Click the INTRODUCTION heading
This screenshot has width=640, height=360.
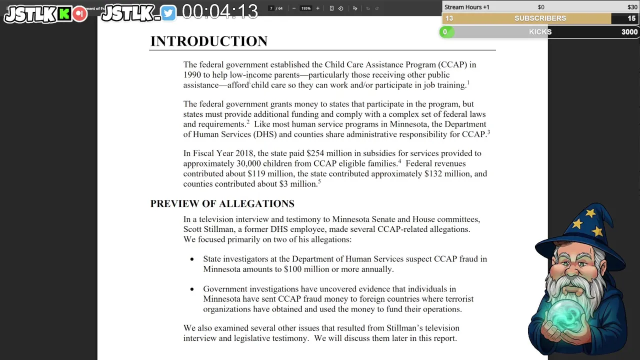[209, 41]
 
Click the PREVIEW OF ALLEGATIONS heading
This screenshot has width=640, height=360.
[222, 203]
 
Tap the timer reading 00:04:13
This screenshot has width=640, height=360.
[219, 11]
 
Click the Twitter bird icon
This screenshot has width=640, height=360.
[168, 13]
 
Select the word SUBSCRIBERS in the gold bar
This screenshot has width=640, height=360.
[540, 18]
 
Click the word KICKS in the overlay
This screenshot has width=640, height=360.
[540, 32]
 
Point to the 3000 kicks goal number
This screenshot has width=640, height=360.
[629, 32]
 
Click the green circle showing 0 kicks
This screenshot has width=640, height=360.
[445, 32]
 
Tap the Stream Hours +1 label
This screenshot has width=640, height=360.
[466, 7]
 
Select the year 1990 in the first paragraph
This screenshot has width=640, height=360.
[192, 75]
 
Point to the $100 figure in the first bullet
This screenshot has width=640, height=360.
[292, 269]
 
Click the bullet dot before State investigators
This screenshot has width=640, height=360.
[192, 259]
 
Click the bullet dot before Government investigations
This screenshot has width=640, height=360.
[192, 289]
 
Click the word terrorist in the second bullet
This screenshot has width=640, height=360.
[455, 299]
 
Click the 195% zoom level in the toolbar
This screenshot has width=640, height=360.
[305, 8]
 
